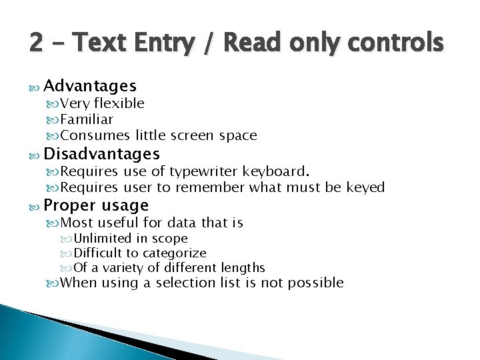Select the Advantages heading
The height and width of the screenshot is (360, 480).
click(x=90, y=86)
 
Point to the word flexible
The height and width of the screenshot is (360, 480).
click(x=119, y=103)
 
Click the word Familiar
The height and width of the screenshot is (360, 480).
click(x=87, y=119)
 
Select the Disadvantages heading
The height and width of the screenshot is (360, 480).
click(x=101, y=155)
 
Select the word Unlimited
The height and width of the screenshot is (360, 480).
click(x=103, y=238)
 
